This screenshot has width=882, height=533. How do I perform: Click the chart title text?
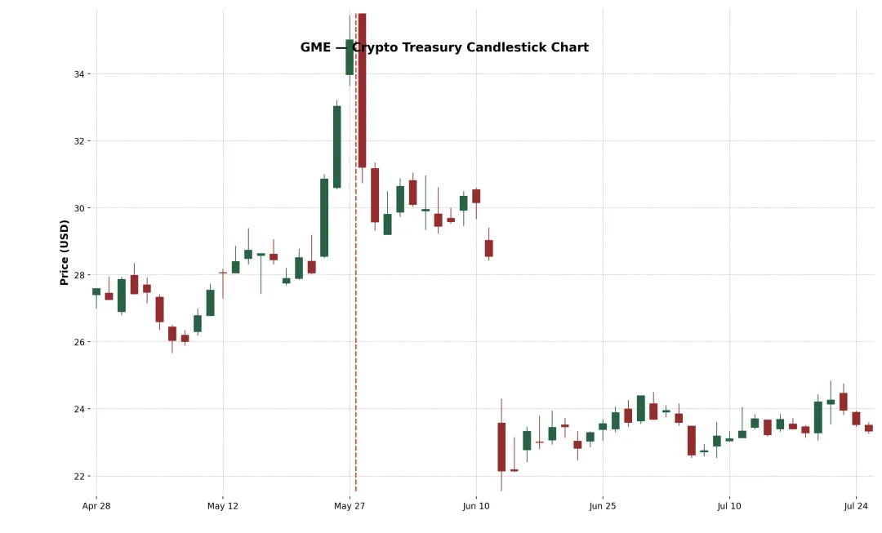444,47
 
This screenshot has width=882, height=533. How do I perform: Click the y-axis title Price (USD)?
65,252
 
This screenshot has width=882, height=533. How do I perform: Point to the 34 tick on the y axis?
79,74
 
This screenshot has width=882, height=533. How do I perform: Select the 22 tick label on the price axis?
79,476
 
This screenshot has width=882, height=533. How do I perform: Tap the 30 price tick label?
79,208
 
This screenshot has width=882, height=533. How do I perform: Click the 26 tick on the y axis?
79,342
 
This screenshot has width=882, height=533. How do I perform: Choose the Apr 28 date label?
96,506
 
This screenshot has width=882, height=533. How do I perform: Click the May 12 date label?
223,506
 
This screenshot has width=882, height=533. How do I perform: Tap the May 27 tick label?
350,506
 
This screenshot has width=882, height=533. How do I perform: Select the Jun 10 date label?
476,506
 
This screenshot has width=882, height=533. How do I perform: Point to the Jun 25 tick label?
603,506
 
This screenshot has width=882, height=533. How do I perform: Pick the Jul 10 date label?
729,506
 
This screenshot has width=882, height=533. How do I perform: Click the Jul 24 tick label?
856,506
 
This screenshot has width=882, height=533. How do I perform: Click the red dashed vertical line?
356,326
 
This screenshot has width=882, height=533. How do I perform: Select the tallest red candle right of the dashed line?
362,90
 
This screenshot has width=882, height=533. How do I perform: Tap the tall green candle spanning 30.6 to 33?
336,147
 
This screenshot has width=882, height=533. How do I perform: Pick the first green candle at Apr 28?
96,291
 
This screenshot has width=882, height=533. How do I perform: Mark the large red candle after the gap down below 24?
501,446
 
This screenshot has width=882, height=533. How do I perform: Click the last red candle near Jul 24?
868,428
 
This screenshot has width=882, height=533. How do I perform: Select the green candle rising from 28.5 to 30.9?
324,218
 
